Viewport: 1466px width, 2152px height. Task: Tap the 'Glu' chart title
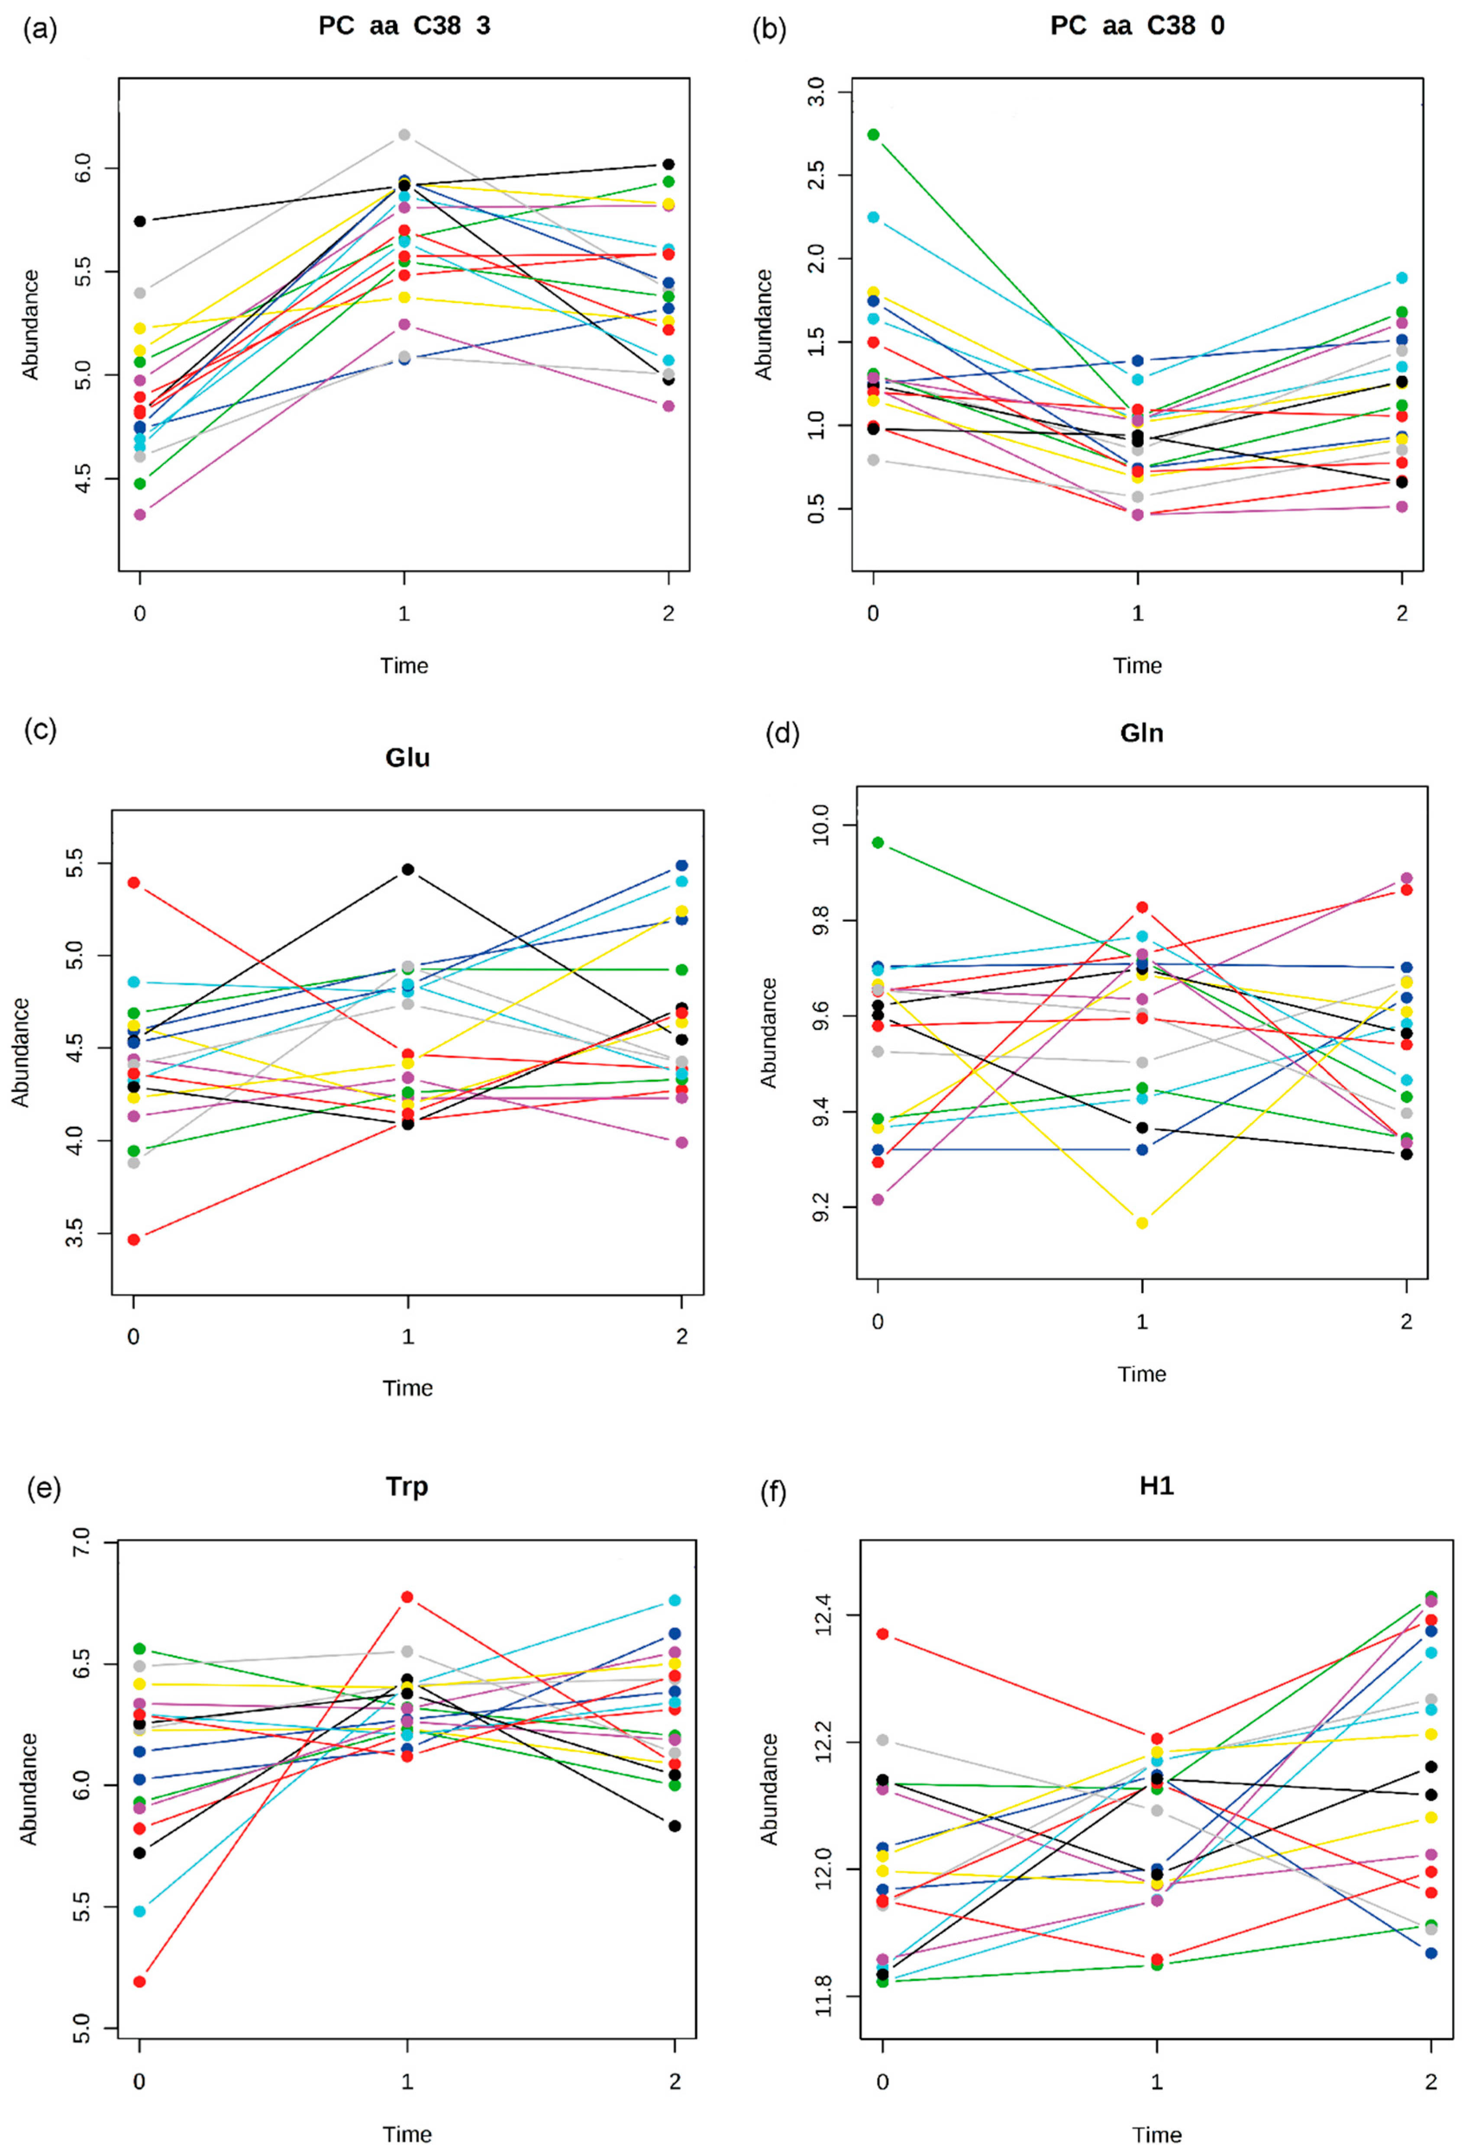[407, 758]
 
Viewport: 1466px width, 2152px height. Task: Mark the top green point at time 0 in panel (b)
[873, 134]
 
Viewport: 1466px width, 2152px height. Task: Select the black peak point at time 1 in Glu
[407, 869]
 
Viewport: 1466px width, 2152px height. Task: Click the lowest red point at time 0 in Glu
[134, 1239]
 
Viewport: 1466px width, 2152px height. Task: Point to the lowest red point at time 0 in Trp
[140, 1982]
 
